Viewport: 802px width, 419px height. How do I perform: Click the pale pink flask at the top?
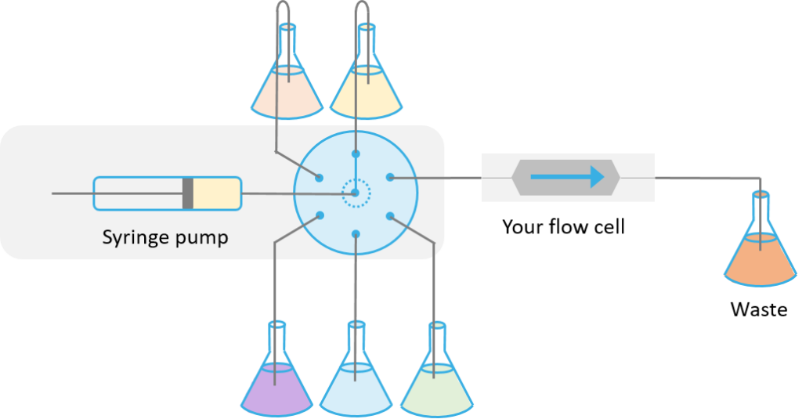pos(287,92)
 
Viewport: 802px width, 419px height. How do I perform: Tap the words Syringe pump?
pos(165,237)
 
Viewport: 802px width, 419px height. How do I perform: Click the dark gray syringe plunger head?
pos(188,193)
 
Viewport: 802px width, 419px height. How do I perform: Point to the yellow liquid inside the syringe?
pos(216,193)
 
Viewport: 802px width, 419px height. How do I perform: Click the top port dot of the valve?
pos(355,154)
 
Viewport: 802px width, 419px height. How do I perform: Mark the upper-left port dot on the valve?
pos(320,177)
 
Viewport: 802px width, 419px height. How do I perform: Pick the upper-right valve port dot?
pos(390,178)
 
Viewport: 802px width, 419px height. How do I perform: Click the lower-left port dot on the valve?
pos(320,215)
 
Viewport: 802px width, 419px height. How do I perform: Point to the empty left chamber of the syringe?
pos(138,193)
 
